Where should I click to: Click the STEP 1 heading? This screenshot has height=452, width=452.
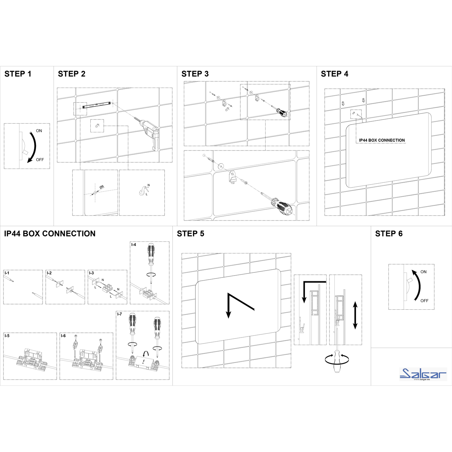(x=18, y=74)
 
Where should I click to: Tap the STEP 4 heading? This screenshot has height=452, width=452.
(x=334, y=74)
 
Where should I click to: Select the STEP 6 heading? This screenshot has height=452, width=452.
(x=389, y=234)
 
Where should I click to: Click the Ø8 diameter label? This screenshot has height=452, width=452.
(x=102, y=187)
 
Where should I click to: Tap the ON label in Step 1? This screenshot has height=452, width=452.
(x=39, y=131)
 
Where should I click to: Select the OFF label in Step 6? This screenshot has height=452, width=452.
(x=424, y=301)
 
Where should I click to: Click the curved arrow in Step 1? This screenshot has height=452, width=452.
(x=36, y=146)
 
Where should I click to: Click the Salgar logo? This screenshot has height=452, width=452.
(x=423, y=374)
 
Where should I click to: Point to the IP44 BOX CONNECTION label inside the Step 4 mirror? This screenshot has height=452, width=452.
(x=382, y=140)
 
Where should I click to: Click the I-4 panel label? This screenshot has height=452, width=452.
(x=134, y=245)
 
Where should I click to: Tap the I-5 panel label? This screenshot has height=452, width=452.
(x=7, y=336)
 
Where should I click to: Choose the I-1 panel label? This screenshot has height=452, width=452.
(x=7, y=273)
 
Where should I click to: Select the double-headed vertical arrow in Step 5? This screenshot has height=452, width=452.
(x=355, y=316)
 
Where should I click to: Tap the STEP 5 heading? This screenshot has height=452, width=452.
(x=190, y=234)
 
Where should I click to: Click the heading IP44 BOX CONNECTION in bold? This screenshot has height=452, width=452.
(x=50, y=234)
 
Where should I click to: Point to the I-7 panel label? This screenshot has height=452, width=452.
(x=119, y=314)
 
